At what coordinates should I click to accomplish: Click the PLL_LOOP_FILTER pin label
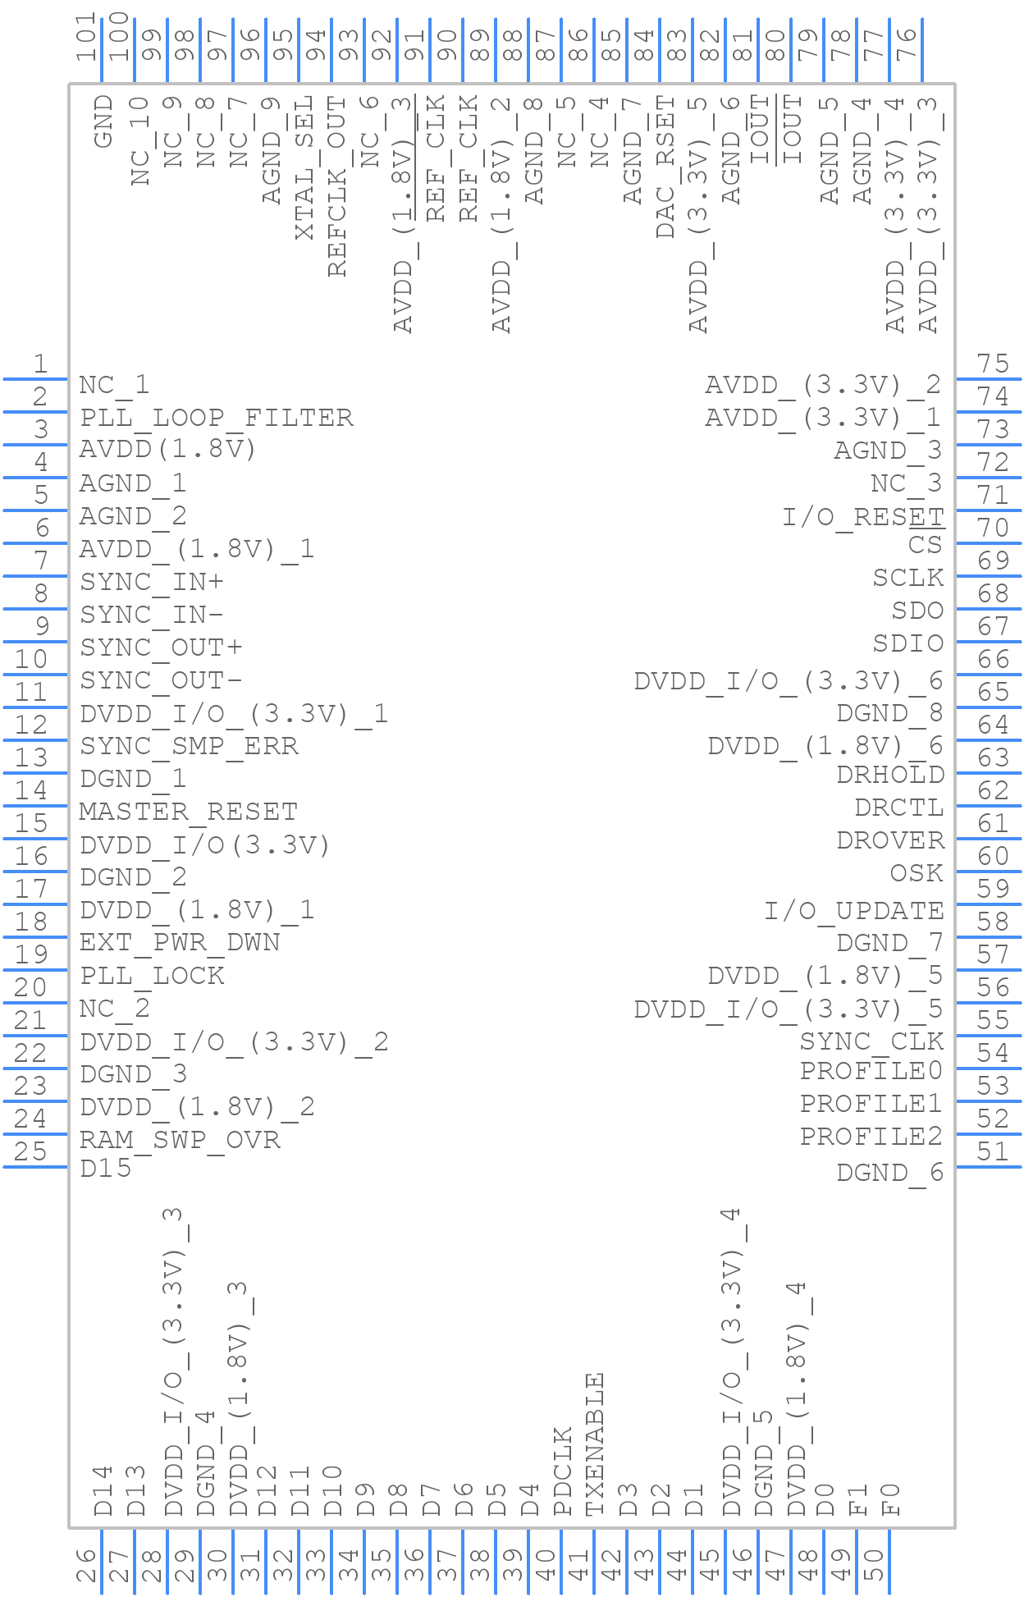pos(217,418)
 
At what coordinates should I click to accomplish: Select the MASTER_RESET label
pos(188,812)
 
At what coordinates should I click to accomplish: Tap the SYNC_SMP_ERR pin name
pos(189,746)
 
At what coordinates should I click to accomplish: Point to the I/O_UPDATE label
pos(854,910)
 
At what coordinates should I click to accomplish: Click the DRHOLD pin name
pos(890,775)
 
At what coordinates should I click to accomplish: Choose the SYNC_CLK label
pos(871,1041)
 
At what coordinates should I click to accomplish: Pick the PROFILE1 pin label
pos(871,1104)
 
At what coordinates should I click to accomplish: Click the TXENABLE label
pos(595,1444)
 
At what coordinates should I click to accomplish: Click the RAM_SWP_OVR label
pos(180,1140)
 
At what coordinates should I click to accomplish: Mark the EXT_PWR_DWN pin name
pos(180,942)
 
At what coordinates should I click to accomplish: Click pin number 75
pos(993,364)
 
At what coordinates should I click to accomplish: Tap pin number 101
pos(86,37)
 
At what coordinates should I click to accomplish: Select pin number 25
pos(31,1151)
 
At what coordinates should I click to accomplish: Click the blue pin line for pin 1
pos(35,379)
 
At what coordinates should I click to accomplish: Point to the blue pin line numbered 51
pos(989,1167)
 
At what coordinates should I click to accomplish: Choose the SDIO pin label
pos(907,643)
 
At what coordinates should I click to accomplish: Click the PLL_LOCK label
pos(152,976)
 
